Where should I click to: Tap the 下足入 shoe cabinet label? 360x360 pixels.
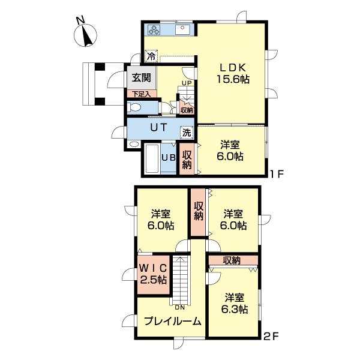point(141,94)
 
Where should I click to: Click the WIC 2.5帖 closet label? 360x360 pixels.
point(154,274)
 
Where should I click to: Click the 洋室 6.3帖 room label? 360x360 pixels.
point(233,304)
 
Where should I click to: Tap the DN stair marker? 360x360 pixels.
point(179,308)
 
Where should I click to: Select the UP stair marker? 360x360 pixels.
point(187,83)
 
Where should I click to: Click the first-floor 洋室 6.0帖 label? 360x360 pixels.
point(230,150)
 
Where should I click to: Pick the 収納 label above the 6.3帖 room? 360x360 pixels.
point(232,260)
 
